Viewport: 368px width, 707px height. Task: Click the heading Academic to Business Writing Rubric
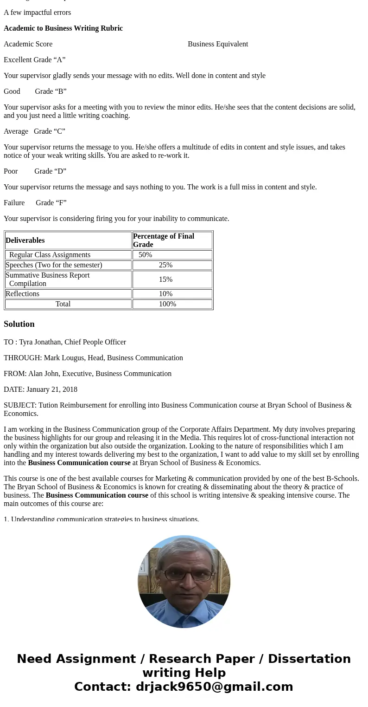(63, 28)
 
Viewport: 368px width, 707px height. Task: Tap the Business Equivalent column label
(218, 44)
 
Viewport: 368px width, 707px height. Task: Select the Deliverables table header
(25, 240)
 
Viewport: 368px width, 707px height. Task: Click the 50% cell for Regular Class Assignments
(145, 255)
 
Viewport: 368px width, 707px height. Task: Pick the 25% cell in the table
(165, 265)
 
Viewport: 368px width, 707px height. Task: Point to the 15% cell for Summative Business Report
(165, 279)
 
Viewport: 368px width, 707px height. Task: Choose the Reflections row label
(22, 294)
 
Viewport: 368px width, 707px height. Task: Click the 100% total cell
(167, 304)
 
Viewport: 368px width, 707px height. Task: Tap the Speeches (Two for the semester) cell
(54, 265)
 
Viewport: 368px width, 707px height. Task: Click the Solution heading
(19, 324)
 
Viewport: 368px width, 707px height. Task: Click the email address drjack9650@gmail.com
(214, 687)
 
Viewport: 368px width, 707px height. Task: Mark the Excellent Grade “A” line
(35, 60)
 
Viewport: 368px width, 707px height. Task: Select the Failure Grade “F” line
(35, 203)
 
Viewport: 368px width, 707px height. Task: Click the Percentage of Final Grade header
(164, 240)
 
